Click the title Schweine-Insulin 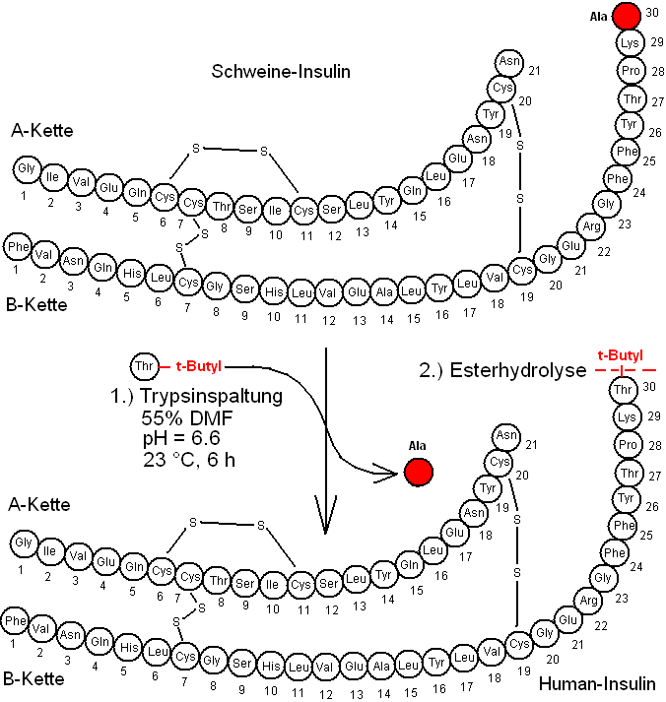[x=282, y=71]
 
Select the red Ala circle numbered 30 [x=627, y=16]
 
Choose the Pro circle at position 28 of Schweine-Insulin [x=631, y=71]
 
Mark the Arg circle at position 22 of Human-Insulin [x=589, y=601]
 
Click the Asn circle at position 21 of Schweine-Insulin [x=508, y=61]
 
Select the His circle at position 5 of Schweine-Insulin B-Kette [x=131, y=270]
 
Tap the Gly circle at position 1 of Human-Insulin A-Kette [x=24, y=542]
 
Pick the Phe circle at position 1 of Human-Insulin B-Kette [x=16, y=622]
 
